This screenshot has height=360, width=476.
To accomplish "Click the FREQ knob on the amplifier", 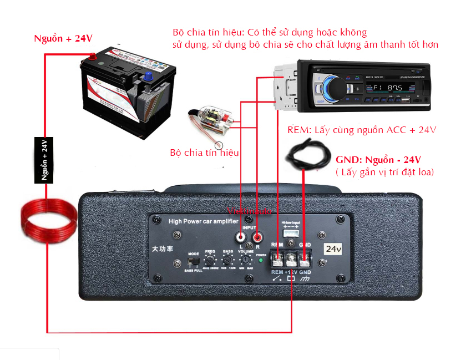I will (210, 260).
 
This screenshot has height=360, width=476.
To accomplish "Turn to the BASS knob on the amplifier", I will (227, 260).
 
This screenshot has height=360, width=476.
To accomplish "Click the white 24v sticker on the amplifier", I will (333, 249).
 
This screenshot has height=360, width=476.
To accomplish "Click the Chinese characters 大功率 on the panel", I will (163, 249).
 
